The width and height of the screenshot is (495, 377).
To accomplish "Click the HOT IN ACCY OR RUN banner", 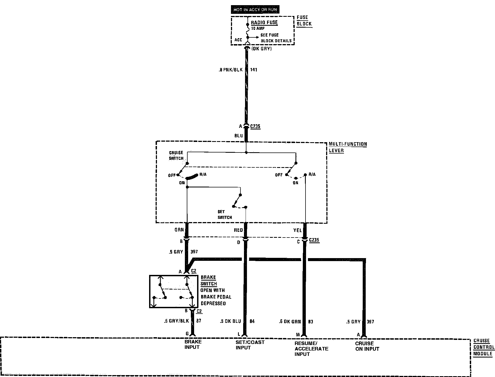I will pyautogui.click(x=255, y=10).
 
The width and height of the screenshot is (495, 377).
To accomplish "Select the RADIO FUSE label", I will pyautogui.click(x=264, y=22).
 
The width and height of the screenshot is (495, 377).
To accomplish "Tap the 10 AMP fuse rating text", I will pyautogui.click(x=258, y=28).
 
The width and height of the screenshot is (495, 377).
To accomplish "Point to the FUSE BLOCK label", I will pyautogui.click(x=304, y=21).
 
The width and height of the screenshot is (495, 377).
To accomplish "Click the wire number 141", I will pyautogui.click(x=253, y=70).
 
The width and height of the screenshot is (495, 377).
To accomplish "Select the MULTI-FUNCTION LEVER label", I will pyautogui.click(x=348, y=147).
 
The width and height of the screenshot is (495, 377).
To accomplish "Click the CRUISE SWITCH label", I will pyautogui.click(x=176, y=155).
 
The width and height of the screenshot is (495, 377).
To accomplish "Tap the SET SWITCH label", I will pyautogui.click(x=225, y=214).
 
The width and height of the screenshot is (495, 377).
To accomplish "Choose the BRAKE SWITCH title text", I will pyautogui.click(x=208, y=280).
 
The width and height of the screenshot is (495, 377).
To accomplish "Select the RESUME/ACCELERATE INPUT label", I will pyautogui.click(x=311, y=349).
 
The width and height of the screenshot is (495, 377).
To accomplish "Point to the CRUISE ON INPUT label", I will pyautogui.click(x=367, y=346).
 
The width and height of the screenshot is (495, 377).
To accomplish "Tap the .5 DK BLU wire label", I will pyautogui.click(x=230, y=321).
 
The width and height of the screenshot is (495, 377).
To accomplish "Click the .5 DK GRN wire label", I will pyautogui.click(x=290, y=321).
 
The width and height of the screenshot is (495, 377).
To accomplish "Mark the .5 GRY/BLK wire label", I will pyautogui.click(x=176, y=321).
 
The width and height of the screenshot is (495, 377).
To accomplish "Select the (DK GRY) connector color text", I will pyautogui.click(x=261, y=49).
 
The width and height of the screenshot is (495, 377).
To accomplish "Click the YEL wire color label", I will pyautogui.click(x=297, y=230).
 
